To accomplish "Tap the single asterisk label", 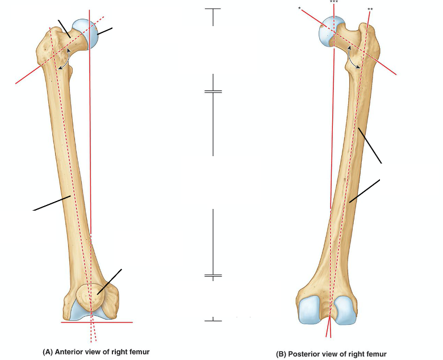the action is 299,8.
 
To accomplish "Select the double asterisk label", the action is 370,9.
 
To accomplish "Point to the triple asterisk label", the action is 334,2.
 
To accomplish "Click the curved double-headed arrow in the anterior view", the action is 67,59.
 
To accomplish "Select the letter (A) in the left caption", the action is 48,352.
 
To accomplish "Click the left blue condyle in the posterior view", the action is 311,310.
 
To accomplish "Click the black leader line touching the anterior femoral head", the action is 104,31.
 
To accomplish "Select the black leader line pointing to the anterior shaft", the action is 51,203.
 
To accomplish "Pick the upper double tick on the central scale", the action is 213,91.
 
